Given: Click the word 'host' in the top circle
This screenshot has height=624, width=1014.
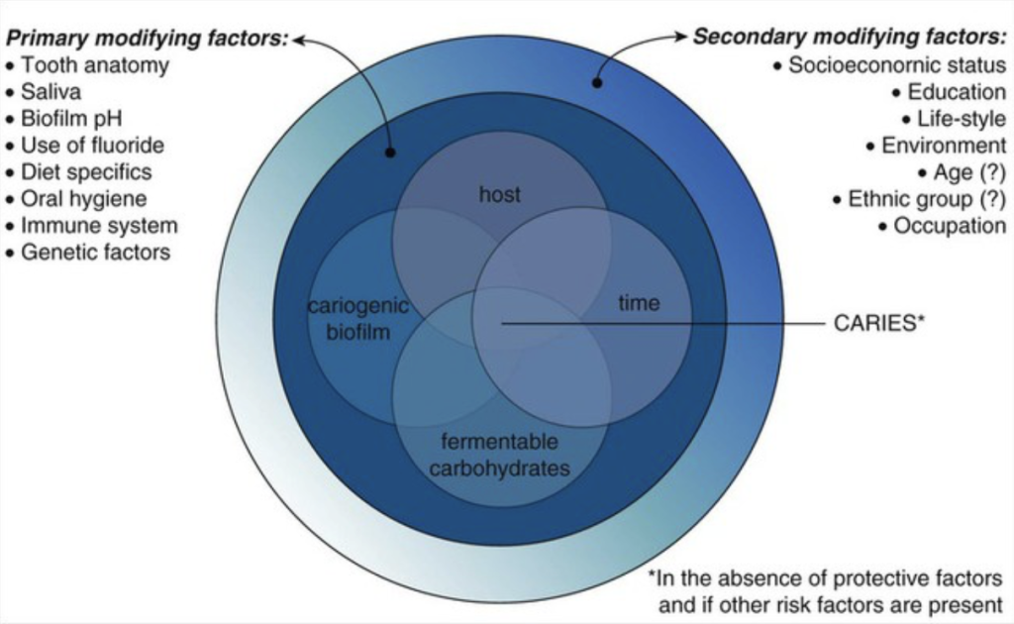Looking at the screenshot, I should click(x=499, y=194).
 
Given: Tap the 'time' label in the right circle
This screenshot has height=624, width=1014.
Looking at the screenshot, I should click(x=638, y=303).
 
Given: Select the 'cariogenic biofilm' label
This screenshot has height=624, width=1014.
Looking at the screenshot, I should click(x=357, y=319).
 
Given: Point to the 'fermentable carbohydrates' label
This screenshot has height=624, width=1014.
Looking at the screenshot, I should click(x=499, y=454).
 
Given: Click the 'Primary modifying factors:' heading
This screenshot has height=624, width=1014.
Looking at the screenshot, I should click(x=147, y=40).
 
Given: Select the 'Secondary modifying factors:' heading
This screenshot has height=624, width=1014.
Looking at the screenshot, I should click(x=849, y=38).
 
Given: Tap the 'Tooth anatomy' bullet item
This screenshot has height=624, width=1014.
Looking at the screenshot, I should click(x=95, y=65).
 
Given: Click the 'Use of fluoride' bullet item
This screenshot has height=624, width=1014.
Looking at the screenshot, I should click(x=92, y=146).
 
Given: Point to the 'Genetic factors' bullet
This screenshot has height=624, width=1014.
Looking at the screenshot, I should click(x=95, y=253).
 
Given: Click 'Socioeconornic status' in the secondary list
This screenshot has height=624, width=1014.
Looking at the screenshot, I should click(x=897, y=65).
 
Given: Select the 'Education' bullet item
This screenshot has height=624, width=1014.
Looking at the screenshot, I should click(x=956, y=92).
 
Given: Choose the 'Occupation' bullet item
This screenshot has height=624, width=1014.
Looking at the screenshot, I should click(x=949, y=226).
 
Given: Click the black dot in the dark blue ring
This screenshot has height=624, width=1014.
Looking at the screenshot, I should click(x=390, y=154).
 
